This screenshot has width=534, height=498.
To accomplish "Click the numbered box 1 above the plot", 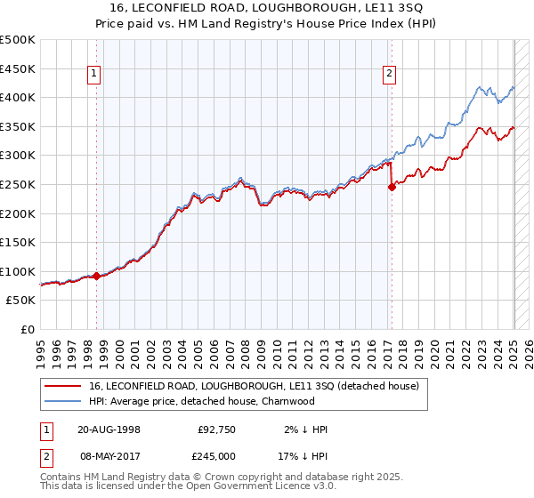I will [94, 75].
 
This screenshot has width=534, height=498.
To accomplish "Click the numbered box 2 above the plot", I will [389, 75].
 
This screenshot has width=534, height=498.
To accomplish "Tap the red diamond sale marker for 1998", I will [96, 276].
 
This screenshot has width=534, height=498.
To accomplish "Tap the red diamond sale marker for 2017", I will [392, 187].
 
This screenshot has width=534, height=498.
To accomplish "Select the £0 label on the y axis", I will [28, 329].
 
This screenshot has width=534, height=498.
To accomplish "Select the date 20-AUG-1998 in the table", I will [109, 430].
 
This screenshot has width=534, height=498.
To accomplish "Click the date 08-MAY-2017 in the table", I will [109, 456].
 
